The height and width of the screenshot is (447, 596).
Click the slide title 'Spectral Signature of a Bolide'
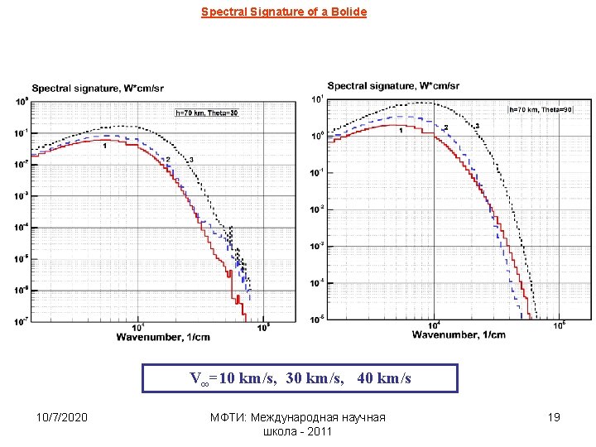pyautogui.click(x=284, y=12)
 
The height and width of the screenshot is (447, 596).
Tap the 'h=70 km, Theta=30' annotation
pyautogui.click(x=207, y=113)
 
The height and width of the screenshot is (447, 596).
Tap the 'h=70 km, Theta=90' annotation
pyautogui.click(x=539, y=108)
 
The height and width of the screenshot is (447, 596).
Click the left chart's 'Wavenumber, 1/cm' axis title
pyautogui.click(x=162, y=337)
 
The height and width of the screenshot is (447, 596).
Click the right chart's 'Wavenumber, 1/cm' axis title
pyautogui.click(x=459, y=334)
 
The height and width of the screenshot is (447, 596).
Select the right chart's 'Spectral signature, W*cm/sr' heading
pyautogui.click(x=393, y=86)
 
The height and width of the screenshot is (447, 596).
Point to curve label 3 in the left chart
pyautogui.click(x=191, y=160)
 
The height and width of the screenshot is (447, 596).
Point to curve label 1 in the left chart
pyautogui.click(x=105, y=146)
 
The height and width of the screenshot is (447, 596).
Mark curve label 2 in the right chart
pyautogui.click(x=446, y=127)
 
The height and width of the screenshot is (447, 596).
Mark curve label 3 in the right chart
pyautogui.click(x=478, y=126)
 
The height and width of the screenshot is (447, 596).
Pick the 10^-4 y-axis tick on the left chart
pyautogui.click(x=23, y=226)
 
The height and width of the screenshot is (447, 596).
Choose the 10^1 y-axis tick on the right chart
pyautogui.click(x=316, y=100)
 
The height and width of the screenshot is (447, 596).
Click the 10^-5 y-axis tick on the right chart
pyautogui.click(x=316, y=319)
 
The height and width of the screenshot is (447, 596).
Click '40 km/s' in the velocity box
pyautogui.click(x=384, y=379)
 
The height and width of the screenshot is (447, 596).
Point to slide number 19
pyautogui.click(x=554, y=417)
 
